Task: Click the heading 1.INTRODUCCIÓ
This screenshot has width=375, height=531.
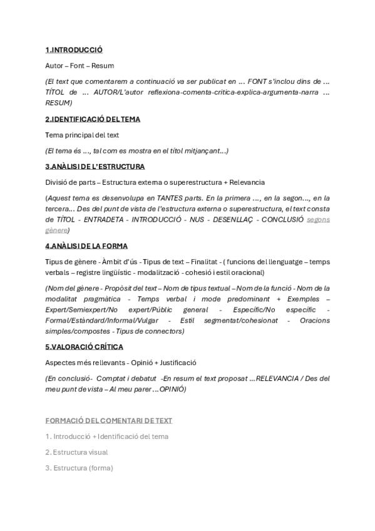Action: [x=74, y=49]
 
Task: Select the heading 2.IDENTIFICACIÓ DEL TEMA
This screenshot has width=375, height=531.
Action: [x=93, y=119]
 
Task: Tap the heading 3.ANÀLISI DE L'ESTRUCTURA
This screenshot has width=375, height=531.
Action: [x=95, y=167]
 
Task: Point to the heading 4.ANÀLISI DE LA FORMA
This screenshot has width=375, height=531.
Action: [x=86, y=246]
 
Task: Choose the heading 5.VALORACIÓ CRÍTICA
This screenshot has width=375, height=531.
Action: [x=84, y=346]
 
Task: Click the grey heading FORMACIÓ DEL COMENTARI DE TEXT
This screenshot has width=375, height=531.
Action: [x=109, y=421]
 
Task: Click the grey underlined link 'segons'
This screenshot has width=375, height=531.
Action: [x=319, y=220]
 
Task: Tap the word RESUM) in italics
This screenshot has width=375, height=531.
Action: [x=59, y=103]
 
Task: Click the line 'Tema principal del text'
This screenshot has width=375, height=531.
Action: [x=83, y=135]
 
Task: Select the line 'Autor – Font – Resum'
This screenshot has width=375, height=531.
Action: [x=80, y=65]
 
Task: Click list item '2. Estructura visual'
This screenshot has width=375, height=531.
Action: [x=76, y=451]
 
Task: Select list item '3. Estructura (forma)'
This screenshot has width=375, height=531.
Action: [x=79, y=467]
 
